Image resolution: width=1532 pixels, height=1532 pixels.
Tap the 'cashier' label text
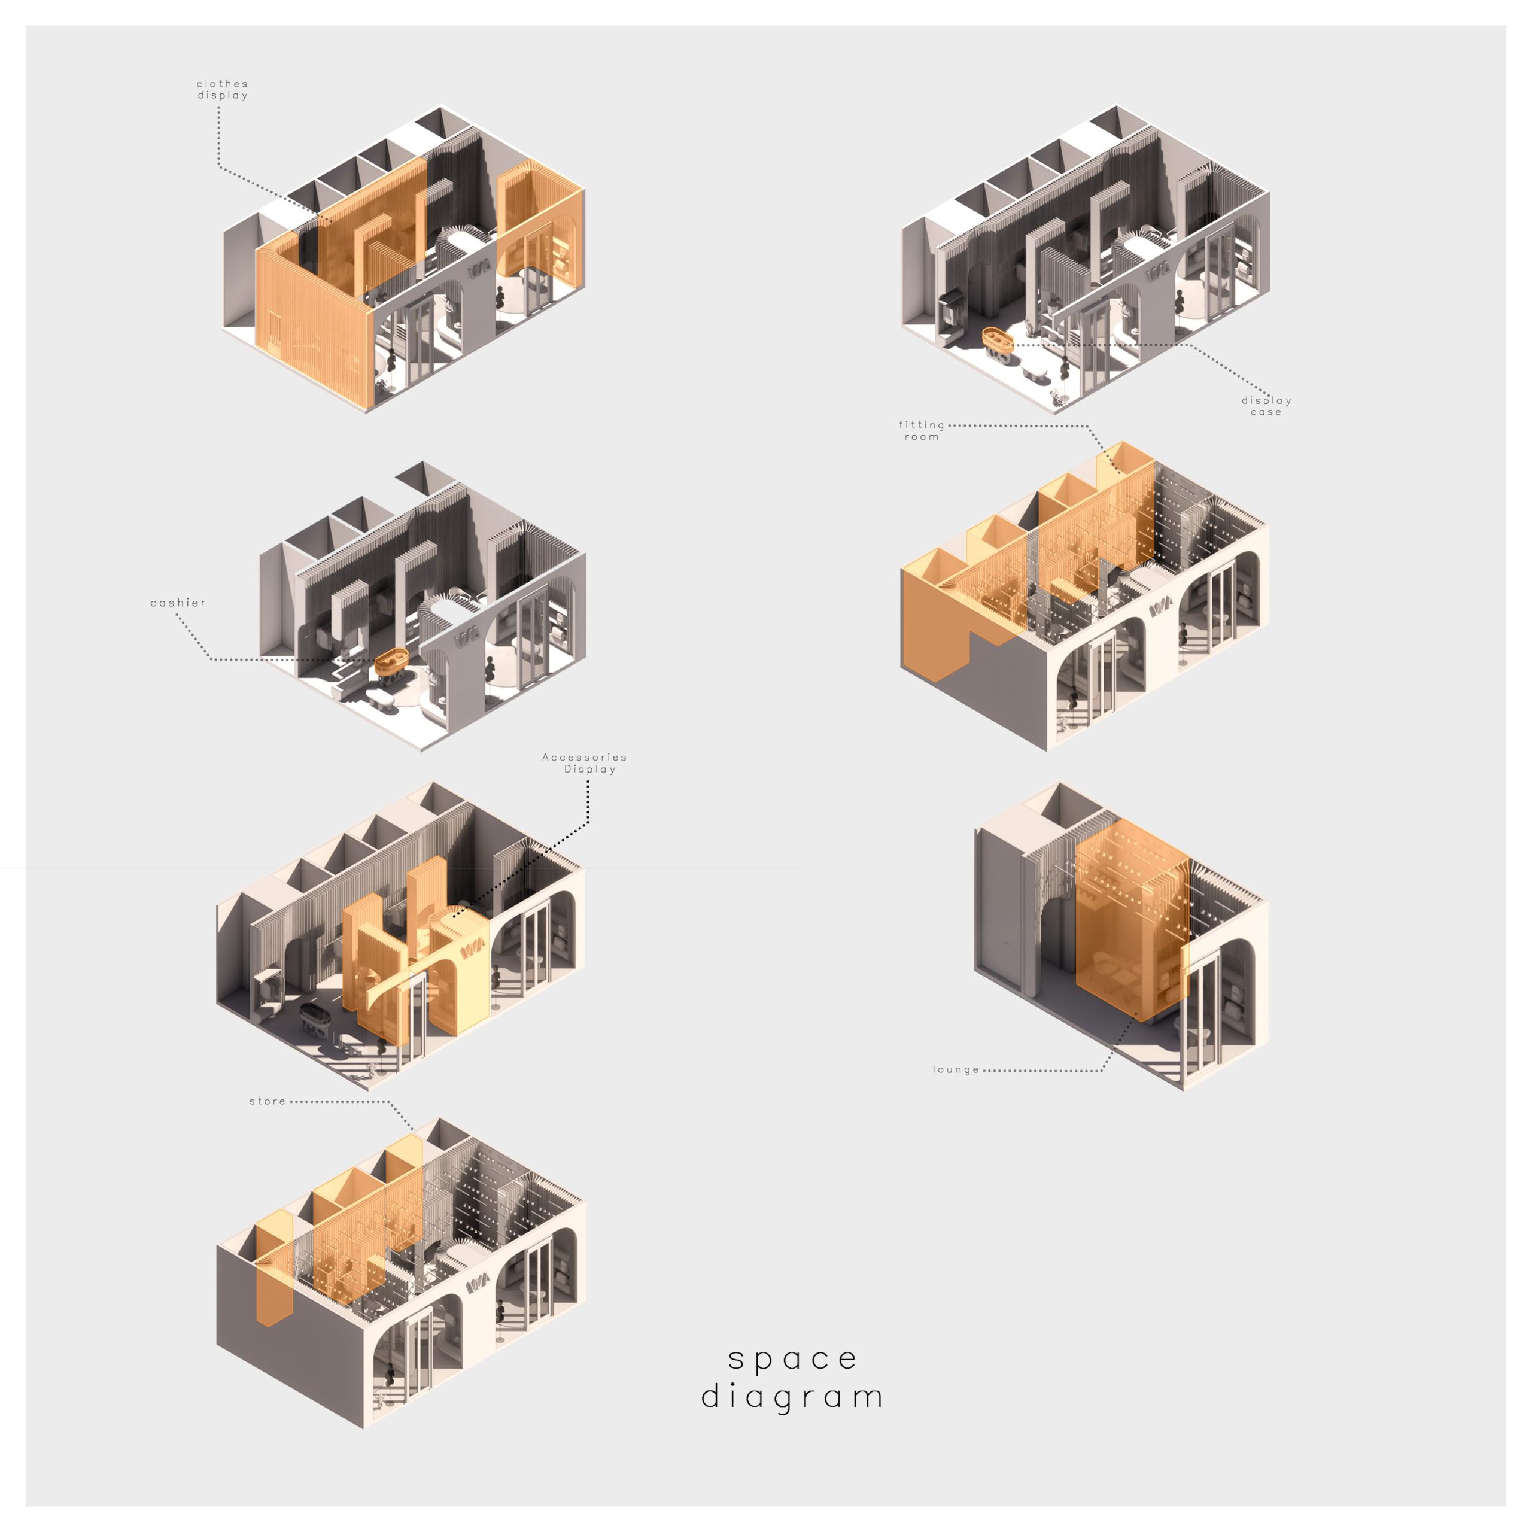tap(178, 603)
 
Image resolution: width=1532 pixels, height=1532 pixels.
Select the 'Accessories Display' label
tap(585, 763)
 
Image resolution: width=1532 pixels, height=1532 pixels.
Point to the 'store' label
tap(268, 1101)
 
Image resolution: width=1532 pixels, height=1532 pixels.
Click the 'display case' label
tap(1266, 406)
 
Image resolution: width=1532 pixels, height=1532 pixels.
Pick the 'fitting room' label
tap(922, 431)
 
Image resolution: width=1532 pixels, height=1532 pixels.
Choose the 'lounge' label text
tap(956, 1069)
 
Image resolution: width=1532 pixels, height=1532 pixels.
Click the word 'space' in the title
tap(793, 1358)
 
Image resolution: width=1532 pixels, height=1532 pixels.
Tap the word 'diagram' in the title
tap(792, 1396)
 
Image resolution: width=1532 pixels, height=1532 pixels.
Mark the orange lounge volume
tap(1132, 920)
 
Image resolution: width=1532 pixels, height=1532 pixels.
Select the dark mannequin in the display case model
tap(1181, 302)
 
